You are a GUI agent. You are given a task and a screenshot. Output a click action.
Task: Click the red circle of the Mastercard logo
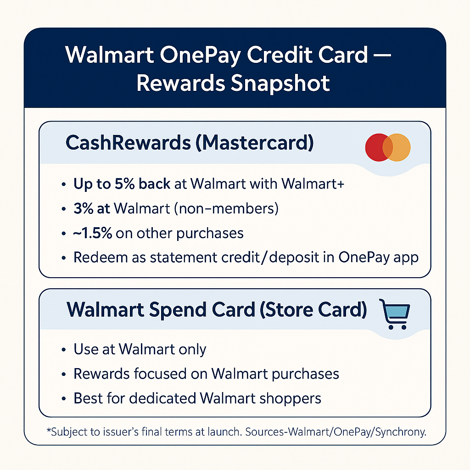(377, 147)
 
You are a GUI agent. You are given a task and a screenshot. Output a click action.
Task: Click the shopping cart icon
(394, 314)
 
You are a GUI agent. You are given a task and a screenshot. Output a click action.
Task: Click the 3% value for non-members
(82, 208)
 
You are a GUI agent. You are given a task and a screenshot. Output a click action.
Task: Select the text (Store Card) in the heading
(313, 310)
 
